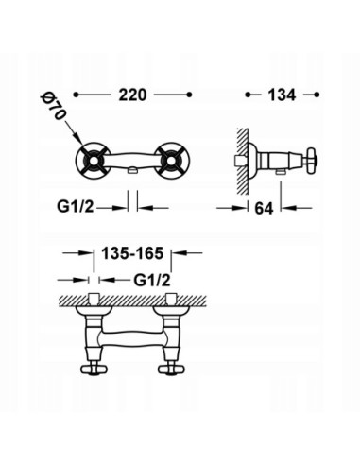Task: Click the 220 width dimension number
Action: click(x=134, y=95)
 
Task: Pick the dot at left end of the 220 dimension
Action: click(x=78, y=95)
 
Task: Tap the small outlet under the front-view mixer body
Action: click(x=135, y=170)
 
